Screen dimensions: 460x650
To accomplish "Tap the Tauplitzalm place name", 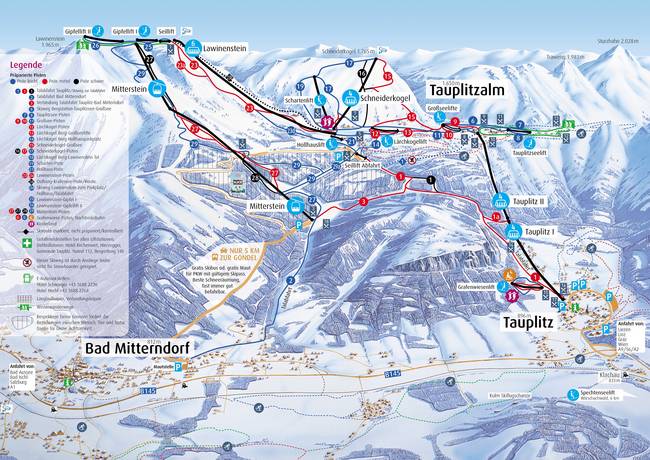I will (473, 89).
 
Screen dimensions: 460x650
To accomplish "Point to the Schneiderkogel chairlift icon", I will (350, 98).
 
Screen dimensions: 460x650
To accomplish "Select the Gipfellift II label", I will (77, 31).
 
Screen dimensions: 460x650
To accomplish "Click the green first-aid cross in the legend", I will (13, 242).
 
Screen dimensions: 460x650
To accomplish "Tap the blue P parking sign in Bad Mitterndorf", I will (178, 367).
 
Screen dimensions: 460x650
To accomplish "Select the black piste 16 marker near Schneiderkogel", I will (362, 74).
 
